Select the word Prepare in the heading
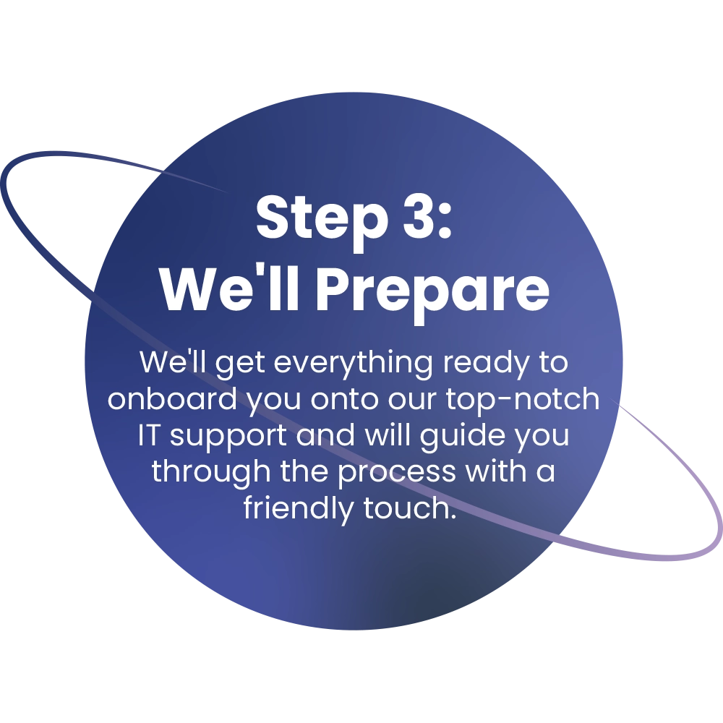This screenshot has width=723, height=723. point(432,292)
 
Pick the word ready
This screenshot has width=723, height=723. point(486,364)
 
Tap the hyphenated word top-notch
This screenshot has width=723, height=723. point(523,399)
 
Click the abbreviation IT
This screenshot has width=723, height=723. point(147,435)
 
